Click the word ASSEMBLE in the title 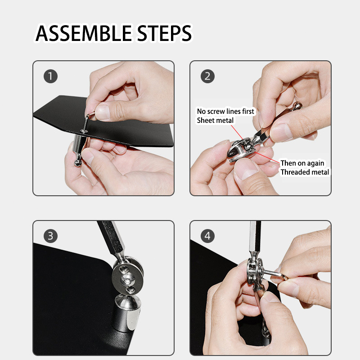[x=84, y=33]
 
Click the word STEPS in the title [x=164, y=33]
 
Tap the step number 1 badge [x=50, y=76]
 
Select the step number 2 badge [x=207, y=76]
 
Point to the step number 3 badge [x=50, y=236]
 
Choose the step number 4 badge [x=207, y=236]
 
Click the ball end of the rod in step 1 [x=78, y=162]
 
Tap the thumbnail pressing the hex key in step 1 [x=103, y=112]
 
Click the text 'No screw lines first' [x=225, y=111]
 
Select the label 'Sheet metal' [x=215, y=120]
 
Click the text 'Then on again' [x=302, y=163]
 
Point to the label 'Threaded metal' [x=305, y=172]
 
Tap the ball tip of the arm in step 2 [x=297, y=106]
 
